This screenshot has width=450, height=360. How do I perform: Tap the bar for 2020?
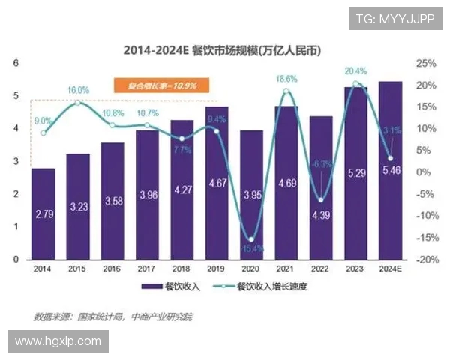click(251, 195)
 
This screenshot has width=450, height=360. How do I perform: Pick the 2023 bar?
click(355, 172)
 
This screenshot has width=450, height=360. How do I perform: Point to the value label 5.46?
click(390, 172)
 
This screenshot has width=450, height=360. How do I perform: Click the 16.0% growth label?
click(78, 90)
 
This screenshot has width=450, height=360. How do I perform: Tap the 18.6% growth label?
click(286, 79)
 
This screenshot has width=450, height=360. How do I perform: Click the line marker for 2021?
click(286, 91)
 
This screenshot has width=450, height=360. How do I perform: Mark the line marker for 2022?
click(321, 200)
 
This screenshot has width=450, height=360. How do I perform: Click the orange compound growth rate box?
click(155, 85)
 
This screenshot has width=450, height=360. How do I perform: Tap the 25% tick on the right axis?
click(425, 63)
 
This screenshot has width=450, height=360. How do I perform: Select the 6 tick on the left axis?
click(16, 63)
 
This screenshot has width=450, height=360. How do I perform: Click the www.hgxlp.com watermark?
click(58, 341)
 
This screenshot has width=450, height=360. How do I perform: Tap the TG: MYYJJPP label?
click(394, 18)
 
